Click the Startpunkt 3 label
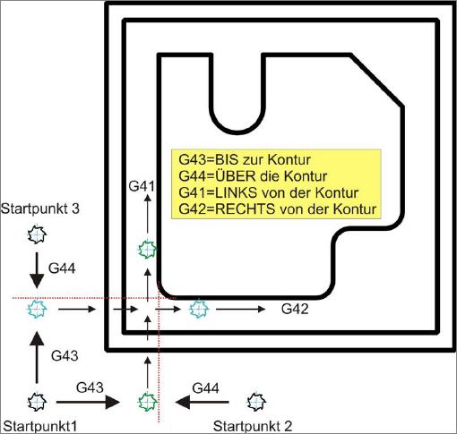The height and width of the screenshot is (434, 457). [x=40, y=208]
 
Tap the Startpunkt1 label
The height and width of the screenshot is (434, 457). [x=40, y=426]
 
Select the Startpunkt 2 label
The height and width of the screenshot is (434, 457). [x=253, y=426]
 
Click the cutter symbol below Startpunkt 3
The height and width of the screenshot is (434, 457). [x=37, y=234]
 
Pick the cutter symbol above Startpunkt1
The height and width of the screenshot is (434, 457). [x=37, y=402]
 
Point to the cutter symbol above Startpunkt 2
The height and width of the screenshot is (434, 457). [x=256, y=402]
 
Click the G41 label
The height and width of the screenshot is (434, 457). [x=142, y=186]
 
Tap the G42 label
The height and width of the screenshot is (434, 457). [x=295, y=309]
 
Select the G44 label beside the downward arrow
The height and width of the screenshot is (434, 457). [x=62, y=268]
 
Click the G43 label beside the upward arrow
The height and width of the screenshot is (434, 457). [x=65, y=355]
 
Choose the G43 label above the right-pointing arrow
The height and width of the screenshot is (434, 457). [x=90, y=387]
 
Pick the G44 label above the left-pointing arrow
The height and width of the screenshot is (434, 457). [x=205, y=388]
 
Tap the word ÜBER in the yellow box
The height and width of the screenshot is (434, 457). [x=235, y=176]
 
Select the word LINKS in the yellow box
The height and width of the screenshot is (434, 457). [x=236, y=192]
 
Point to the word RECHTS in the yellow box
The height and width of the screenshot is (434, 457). [x=245, y=208]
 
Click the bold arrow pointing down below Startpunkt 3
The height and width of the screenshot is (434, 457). [x=37, y=270]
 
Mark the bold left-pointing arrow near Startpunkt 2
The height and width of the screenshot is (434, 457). [x=203, y=402]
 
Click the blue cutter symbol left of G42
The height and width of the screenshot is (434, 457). [x=199, y=309]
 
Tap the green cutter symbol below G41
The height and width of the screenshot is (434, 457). [x=147, y=250]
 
